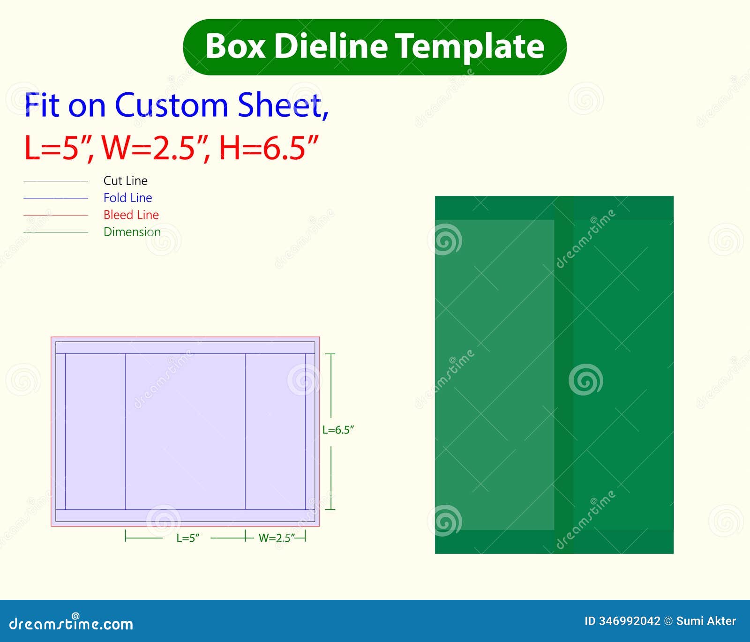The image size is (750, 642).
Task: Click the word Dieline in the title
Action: pos(331,46)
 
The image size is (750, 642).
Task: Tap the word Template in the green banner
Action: pos(470,47)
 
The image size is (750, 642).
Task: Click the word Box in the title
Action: pos(235,46)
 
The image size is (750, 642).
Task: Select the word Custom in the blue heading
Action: pos(171,105)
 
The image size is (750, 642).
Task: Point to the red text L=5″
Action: pos(58,148)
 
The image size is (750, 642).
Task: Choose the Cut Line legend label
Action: pos(125,180)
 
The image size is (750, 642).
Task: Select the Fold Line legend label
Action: pos(127,198)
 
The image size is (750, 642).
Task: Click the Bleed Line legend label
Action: pos(131,215)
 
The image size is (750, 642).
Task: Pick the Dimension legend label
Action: pos(132,232)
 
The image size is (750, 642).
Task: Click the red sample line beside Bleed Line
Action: pos(56,215)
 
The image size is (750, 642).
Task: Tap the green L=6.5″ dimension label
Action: pos(338,430)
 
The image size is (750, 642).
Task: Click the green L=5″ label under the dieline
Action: pos(187,538)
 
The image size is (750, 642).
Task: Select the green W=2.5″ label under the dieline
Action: pos(277,538)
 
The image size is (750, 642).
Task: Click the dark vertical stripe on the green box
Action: pos(563,375)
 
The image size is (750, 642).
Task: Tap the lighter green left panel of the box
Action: pos(495,375)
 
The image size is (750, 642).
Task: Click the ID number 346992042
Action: pos(629,621)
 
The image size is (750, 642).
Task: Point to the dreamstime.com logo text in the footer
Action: pos(71,623)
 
